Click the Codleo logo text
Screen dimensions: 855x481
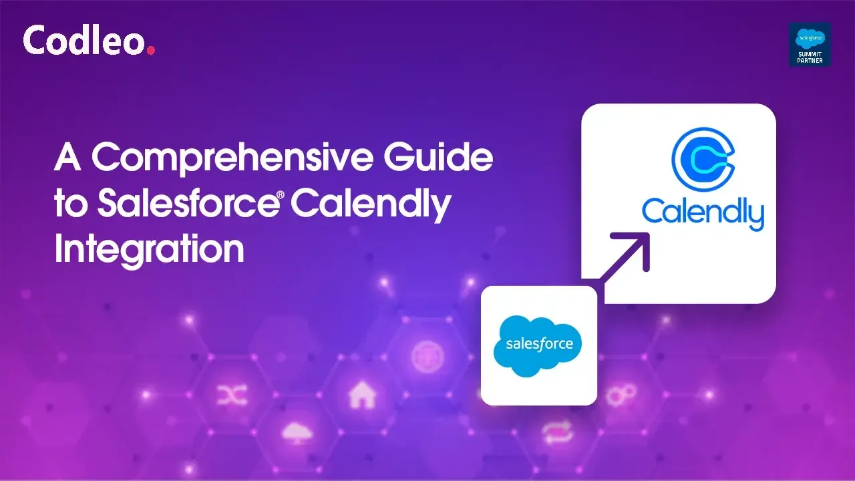click(84, 39)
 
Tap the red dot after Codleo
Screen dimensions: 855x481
click(151, 50)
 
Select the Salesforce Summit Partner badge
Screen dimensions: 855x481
click(810, 45)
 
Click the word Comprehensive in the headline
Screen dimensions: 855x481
click(232, 158)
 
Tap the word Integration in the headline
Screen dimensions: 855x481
click(150, 249)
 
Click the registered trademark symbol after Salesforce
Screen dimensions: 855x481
click(281, 195)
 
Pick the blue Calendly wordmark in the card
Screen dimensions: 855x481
click(703, 212)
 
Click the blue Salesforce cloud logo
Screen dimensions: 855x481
click(538, 346)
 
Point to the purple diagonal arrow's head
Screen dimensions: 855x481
click(638, 245)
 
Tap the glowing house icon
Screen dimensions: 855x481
click(362, 394)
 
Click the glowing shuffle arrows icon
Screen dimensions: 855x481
click(232, 394)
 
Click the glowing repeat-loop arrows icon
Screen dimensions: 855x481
click(557, 432)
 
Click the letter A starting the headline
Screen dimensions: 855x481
click(67, 156)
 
